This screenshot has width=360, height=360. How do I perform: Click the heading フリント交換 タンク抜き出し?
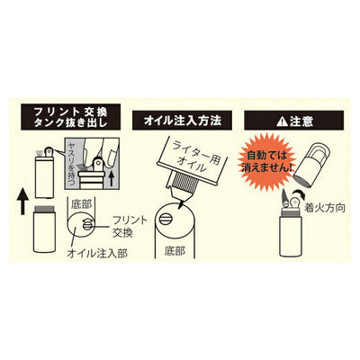click(x=71, y=117)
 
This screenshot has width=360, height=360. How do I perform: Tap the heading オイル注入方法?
click(x=182, y=121)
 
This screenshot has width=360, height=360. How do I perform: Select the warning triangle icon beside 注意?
click(x=282, y=121)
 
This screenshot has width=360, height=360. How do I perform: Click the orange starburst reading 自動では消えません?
click(x=266, y=162)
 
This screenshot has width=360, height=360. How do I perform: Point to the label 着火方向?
click(x=324, y=208)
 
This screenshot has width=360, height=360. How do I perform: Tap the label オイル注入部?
click(x=97, y=253)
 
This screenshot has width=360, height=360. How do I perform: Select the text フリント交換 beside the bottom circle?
click(x=130, y=227)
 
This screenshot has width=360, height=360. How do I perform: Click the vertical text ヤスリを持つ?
click(x=72, y=164)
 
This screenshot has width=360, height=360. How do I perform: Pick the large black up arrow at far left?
click(x=22, y=203)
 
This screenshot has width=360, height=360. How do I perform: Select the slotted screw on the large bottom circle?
click(x=165, y=220)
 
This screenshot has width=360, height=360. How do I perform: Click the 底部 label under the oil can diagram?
click(x=175, y=251)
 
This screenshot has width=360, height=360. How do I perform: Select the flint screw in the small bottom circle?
click(x=87, y=225)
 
